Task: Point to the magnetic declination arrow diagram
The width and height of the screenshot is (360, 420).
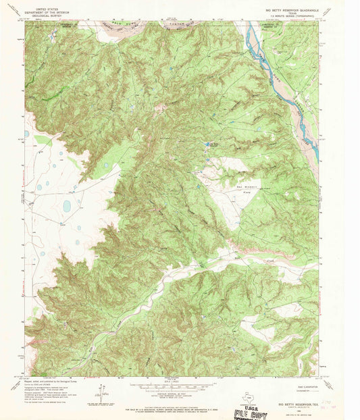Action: pos(103,392)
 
